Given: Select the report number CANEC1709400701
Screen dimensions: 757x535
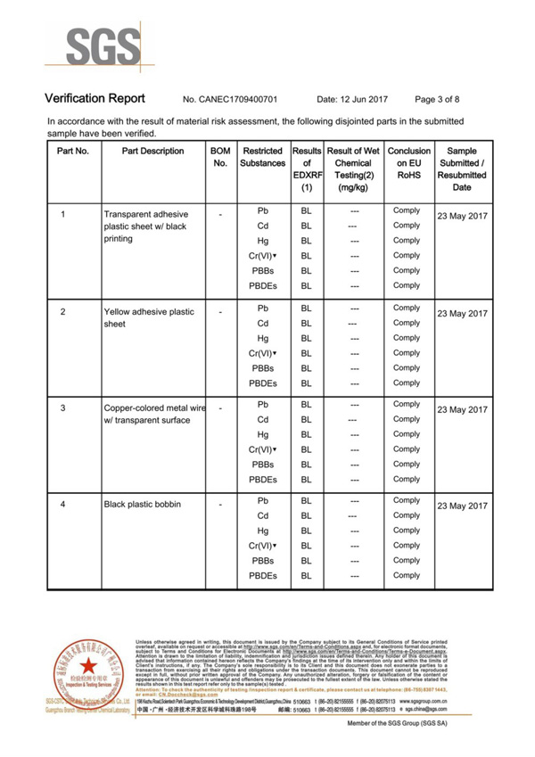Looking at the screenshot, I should click(230, 99).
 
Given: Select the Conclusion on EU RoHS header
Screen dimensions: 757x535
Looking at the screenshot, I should click(408, 164).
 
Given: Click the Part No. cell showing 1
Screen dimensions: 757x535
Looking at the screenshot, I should click(62, 215).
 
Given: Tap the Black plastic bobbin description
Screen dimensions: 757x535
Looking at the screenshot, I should click(142, 505).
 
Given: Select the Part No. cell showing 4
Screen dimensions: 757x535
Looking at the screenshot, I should click(62, 505).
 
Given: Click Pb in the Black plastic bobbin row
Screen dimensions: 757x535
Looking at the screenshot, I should click(262, 501).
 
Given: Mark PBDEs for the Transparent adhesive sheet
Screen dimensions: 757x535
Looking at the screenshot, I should click(262, 286).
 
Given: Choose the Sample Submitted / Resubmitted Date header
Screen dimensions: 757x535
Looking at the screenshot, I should click(461, 169).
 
